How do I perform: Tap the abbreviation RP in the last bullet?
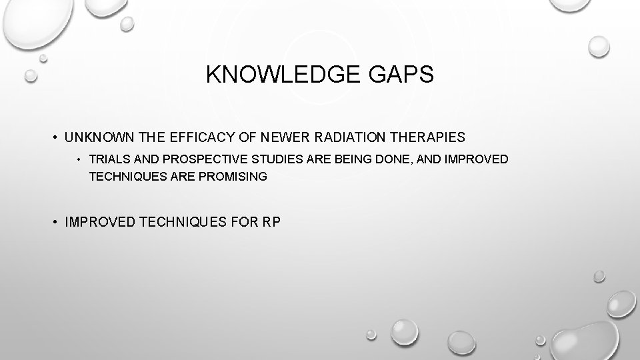click(272, 221)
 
